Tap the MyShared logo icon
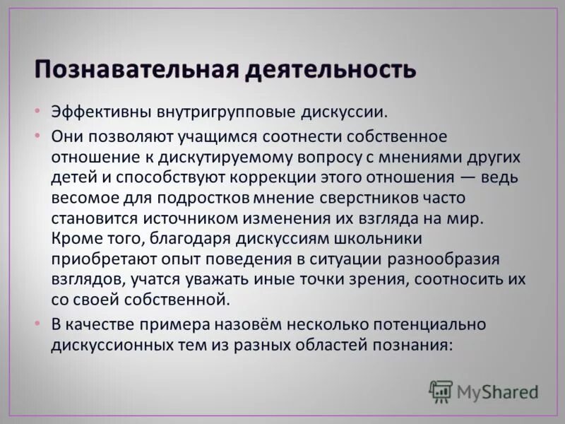(x=441, y=391)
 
